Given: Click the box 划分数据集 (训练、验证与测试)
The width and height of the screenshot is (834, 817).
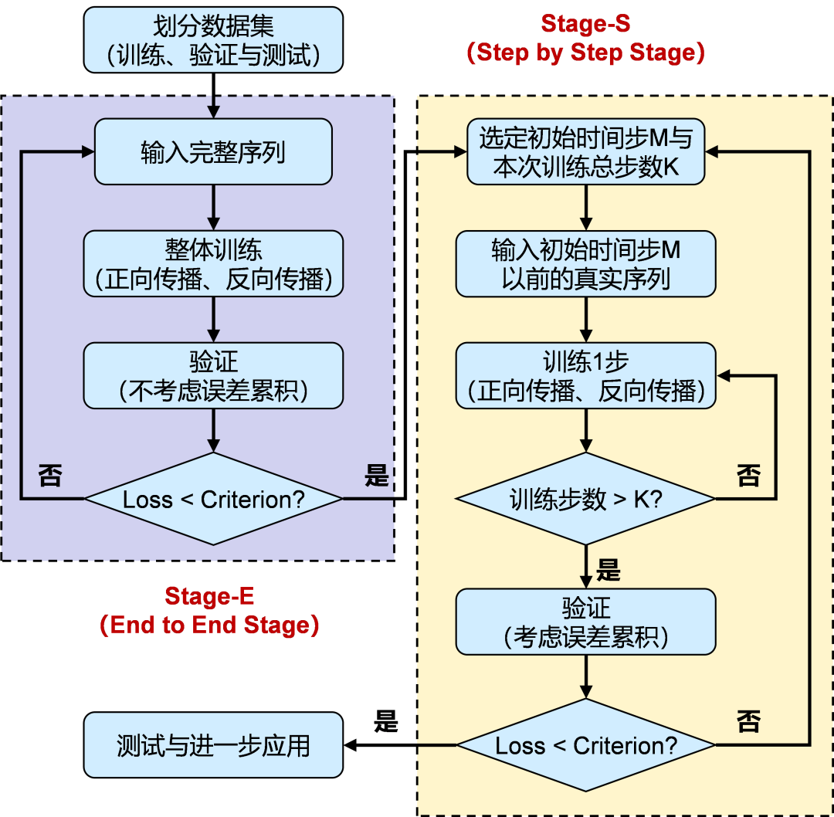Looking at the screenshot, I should click(212, 40).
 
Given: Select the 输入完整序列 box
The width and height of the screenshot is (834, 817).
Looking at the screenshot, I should click(212, 152).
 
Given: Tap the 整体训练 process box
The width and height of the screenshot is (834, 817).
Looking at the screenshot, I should click(212, 263).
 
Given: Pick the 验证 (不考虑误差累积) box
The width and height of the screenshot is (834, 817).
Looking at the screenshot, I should click(212, 376).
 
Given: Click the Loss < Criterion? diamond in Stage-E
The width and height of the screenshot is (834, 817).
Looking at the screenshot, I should click(212, 499).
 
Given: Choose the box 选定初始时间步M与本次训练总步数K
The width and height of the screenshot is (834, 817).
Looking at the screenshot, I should click(585, 153).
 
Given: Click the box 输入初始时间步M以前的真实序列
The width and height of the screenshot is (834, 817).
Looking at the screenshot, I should click(585, 263).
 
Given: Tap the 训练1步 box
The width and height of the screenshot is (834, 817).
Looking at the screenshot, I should click(585, 376).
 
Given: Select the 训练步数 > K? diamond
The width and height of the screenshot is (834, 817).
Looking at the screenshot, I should click(585, 499).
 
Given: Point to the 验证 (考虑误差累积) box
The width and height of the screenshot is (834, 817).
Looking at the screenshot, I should click(585, 622).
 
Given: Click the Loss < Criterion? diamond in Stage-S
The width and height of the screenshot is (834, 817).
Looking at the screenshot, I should click(585, 745).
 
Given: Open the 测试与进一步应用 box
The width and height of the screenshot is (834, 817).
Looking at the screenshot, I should click(212, 745).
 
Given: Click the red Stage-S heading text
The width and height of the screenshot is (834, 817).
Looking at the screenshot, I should click(585, 24).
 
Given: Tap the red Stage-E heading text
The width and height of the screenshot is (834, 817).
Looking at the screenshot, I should click(209, 596).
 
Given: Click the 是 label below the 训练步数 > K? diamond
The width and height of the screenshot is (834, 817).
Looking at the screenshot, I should click(609, 571).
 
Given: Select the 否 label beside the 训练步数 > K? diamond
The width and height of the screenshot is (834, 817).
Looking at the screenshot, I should click(748, 475).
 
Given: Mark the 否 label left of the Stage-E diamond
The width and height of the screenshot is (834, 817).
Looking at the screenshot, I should click(50, 475).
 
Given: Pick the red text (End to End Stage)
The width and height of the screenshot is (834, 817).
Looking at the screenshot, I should click(209, 625).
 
